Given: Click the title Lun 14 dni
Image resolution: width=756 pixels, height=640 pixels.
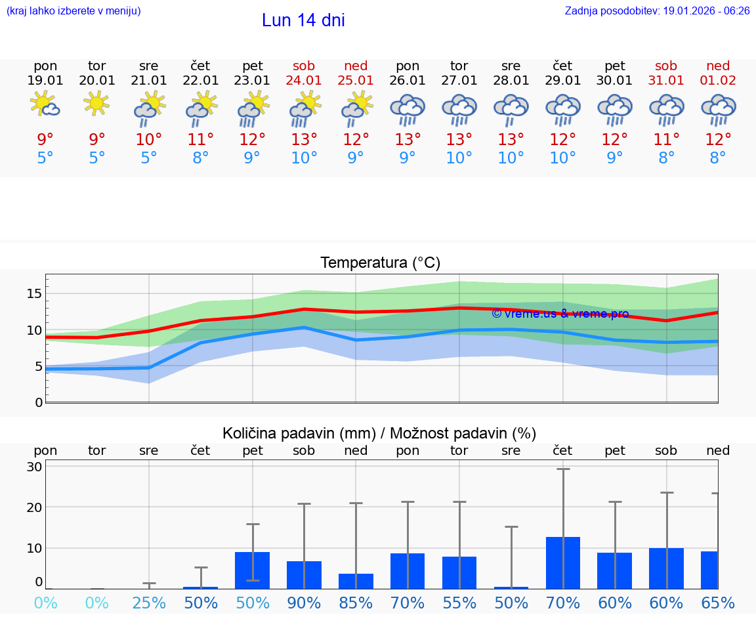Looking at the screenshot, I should click(x=303, y=20).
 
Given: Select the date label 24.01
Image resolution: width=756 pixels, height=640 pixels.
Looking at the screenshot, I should click(x=304, y=80).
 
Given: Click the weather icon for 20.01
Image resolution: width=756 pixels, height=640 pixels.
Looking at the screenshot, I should click(x=97, y=104).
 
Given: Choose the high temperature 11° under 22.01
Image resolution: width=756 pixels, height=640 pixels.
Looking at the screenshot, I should click(x=201, y=139).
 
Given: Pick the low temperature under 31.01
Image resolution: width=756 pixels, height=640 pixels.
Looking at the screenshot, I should click(x=666, y=158).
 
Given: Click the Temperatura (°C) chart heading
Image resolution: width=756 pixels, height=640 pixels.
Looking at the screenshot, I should click(x=380, y=263).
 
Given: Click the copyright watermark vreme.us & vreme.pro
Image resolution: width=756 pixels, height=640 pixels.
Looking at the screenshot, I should click(x=560, y=314).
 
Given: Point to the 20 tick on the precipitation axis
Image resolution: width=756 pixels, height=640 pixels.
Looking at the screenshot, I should click(x=34, y=507).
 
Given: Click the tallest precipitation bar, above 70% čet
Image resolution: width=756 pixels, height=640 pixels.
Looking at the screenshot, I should click(x=562, y=563).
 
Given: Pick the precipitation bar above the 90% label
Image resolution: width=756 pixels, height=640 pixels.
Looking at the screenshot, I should click(x=304, y=575).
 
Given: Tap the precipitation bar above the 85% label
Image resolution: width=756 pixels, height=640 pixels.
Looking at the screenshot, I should click(x=356, y=581).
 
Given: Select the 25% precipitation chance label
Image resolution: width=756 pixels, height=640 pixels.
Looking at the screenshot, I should click(x=149, y=603).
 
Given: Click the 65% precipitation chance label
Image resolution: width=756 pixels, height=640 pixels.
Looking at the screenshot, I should click(x=718, y=603).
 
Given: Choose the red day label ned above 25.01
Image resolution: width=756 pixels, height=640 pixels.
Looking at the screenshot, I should click(x=356, y=66).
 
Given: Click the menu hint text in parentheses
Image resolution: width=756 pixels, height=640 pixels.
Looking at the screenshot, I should click(x=73, y=11).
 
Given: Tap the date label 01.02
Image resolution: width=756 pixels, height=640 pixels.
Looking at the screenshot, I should click(x=718, y=80).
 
